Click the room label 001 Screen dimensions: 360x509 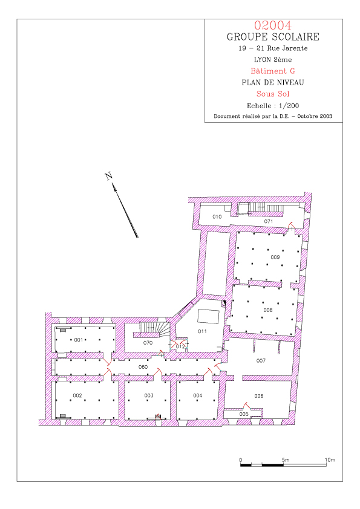pos(78,340)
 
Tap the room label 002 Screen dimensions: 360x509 pos(77,395)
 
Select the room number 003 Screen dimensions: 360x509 pos(149,395)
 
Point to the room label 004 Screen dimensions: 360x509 pos(197,395)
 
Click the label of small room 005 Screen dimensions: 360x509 pos(244,414)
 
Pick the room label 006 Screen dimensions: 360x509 pos(259,396)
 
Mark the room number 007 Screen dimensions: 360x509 pos(261,360)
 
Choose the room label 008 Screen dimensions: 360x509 pos(268,310)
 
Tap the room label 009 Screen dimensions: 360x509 pos(275,257)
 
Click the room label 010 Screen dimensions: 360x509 pos(217,216)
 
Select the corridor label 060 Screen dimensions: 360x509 pos(143,367)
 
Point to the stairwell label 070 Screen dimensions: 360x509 pos(148,343)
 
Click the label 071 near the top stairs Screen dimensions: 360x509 pos(269,221)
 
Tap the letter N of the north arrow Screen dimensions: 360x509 pos(109,177)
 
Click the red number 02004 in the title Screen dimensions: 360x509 pos(273,25)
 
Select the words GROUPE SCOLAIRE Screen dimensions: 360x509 pos(273,37)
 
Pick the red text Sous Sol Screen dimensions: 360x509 pos(273,94)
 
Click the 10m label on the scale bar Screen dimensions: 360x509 pos(330,459)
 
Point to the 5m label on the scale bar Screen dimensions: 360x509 pos(286,459)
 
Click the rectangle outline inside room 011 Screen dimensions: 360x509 pos(208,317)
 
